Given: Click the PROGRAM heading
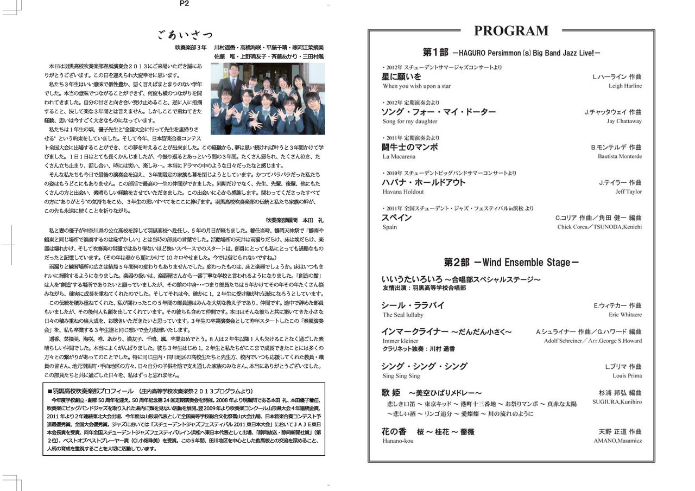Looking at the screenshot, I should (x=511, y=31).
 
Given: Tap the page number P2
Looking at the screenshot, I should (x=184, y=4).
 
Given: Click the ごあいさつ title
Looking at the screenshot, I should (x=185, y=36).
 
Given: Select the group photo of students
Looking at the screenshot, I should (x=268, y=99).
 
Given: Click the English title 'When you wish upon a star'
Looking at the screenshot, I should (x=416, y=86).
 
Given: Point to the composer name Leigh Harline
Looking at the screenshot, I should (x=625, y=86).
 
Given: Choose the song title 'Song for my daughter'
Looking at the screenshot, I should (x=409, y=121).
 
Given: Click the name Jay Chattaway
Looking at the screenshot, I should (x=624, y=121).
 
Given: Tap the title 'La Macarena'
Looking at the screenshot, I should (x=399, y=156).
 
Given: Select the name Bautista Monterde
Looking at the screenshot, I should (x=620, y=156).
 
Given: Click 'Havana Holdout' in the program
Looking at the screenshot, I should (x=403, y=192).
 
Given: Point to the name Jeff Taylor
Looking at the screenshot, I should (x=628, y=192).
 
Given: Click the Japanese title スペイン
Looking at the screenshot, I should (x=396, y=218).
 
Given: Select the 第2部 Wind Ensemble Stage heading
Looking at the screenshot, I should (x=511, y=263).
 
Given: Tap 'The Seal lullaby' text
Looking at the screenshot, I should (x=402, y=315).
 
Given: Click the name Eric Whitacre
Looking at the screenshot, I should (x=625, y=315).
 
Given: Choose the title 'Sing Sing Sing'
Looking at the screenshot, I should (x=401, y=375).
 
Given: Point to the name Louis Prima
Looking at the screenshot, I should (x=627, y=375).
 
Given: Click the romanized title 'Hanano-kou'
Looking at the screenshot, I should (x=398, y=441).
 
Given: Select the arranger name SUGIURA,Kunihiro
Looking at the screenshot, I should (x=617, y=402).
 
